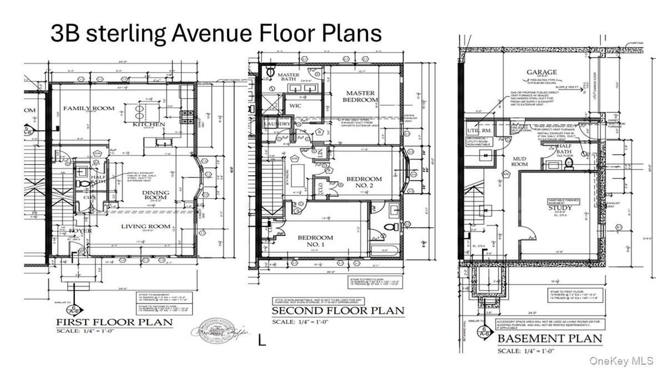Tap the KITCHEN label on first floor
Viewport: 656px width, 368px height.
(x=149, y=124)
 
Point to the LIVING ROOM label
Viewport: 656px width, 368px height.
(x=145, y=226)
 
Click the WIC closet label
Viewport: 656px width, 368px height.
(x=293, y=105)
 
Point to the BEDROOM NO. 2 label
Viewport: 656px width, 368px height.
(x=364, y=183)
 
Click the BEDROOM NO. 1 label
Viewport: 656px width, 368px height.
(x=315, y=241)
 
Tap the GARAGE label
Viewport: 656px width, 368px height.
(x=542, y=73)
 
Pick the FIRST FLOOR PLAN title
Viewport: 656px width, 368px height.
(x=114, y=323)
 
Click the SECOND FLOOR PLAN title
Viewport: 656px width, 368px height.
(x=337, y=310)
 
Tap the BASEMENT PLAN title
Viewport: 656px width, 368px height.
(x=549, y=338)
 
